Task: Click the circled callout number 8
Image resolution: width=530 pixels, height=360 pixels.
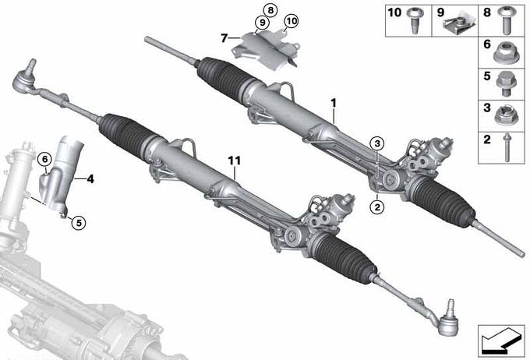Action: tap(270, 10)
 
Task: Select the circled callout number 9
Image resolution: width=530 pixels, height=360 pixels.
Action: tap(262, 23)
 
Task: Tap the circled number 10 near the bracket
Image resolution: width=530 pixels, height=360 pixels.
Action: tap(291, 21)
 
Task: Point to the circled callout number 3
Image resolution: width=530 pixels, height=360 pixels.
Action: tap(377, 143)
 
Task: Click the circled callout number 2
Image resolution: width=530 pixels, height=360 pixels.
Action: tap(377, 206)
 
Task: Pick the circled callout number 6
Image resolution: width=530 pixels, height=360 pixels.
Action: tap(44, 159)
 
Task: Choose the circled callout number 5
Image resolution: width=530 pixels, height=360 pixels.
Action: tap(79, 222)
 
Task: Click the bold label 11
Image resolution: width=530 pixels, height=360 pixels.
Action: tap(235, 161)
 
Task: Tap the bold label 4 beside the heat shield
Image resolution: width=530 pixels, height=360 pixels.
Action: tap(90, 178)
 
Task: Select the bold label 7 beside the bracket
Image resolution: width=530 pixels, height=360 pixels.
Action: tap(224, 38)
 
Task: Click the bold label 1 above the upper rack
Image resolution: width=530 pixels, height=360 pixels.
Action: tap(334, 103)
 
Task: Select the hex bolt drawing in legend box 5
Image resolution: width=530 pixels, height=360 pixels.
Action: tap(505, 83)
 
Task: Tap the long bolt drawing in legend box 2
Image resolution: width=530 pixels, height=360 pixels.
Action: tap(507, 147)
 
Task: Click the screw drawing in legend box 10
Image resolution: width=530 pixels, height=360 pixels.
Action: tap(415, 20)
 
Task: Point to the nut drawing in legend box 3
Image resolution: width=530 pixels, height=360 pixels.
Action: tap(504, 115)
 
